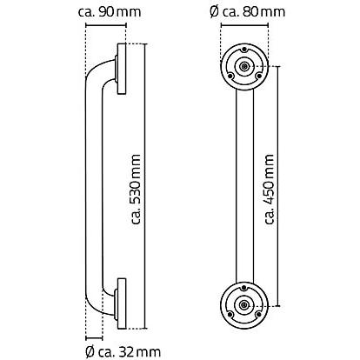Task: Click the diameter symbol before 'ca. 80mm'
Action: click(214, 12)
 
